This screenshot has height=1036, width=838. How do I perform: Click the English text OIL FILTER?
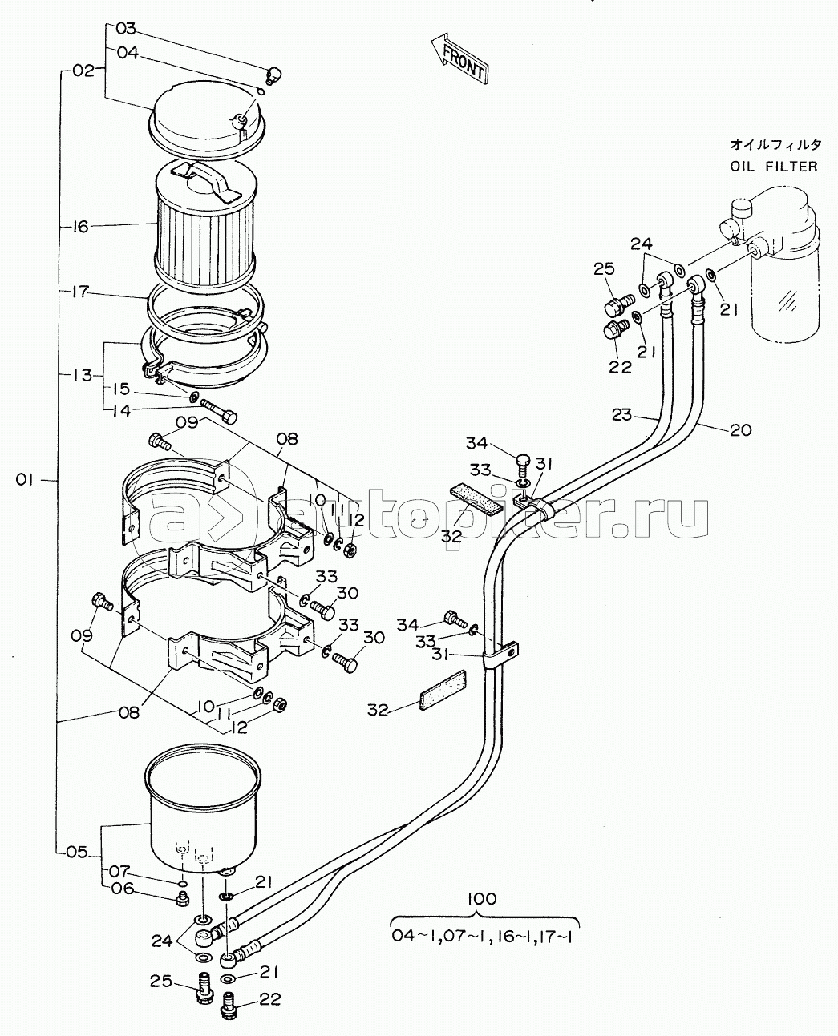(x=774, y=167)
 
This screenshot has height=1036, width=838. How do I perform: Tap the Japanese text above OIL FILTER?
(x=775, y=145)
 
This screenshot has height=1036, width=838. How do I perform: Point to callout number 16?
(x=79, y=227)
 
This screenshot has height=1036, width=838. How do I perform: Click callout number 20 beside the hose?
(x=741, y=429)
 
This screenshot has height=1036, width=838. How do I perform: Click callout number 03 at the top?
(x=126, y=30)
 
